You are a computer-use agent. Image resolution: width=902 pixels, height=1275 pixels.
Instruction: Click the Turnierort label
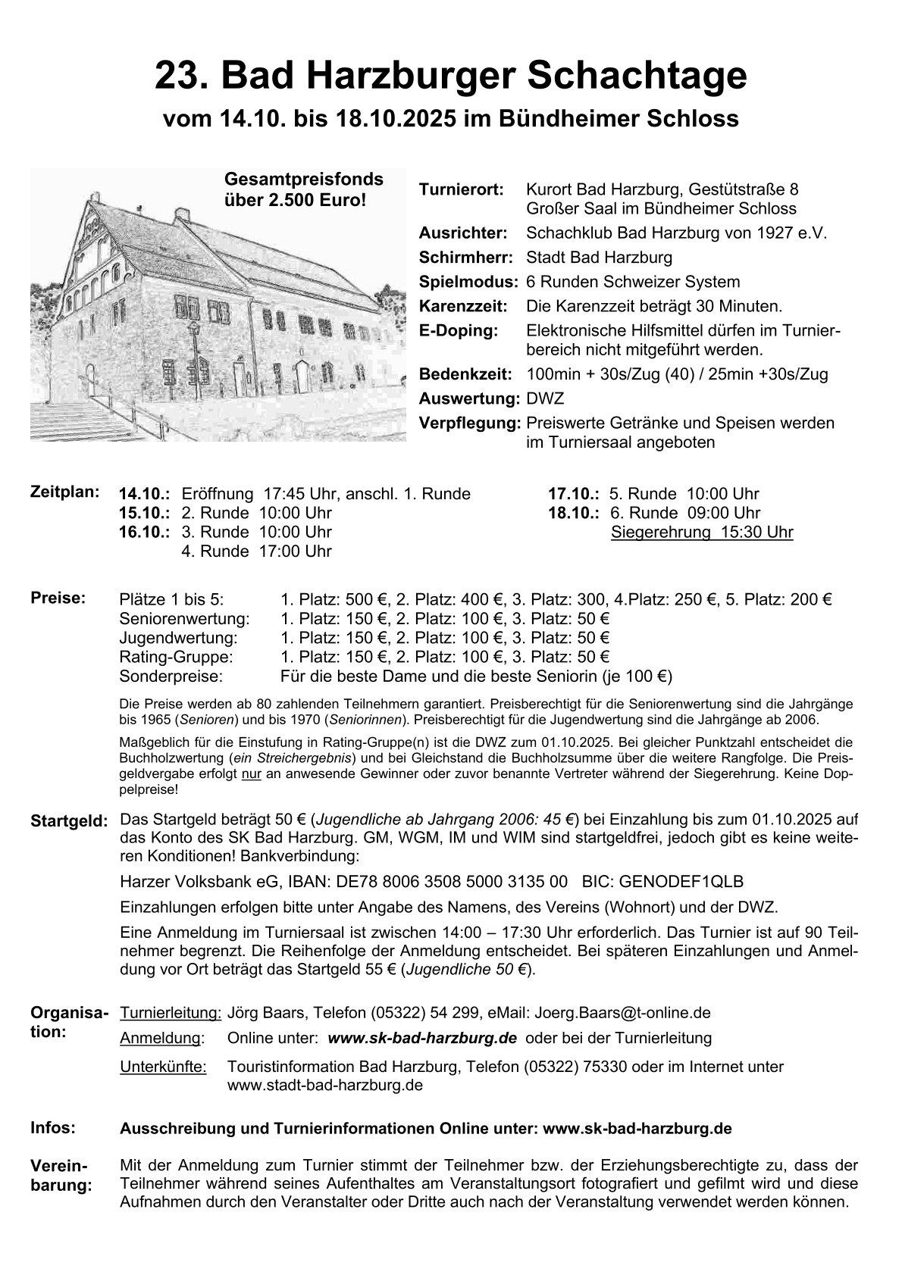461,189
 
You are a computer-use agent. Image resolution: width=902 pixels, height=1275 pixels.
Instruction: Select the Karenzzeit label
462,306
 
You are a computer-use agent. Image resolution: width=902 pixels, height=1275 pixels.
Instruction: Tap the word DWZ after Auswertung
545,398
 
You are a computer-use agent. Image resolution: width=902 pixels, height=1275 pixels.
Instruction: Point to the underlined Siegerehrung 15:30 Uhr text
702,532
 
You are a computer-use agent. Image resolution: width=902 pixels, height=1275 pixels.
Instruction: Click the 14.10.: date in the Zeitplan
144,494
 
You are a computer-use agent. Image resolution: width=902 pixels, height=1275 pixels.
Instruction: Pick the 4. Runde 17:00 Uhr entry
256,552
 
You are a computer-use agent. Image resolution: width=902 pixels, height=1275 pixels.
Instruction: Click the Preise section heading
57,598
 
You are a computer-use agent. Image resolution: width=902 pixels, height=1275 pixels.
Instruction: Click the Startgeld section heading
69,821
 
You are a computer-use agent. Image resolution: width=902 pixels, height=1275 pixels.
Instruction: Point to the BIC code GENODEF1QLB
681,882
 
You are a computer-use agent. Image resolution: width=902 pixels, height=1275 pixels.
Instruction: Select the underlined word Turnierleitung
171,1012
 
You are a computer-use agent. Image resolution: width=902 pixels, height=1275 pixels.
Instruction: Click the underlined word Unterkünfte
163,1067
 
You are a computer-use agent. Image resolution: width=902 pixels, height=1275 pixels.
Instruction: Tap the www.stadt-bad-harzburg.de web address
324,1085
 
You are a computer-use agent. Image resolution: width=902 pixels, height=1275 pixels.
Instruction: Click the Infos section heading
52,1127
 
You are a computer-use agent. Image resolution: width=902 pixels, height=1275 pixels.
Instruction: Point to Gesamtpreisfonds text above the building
303,180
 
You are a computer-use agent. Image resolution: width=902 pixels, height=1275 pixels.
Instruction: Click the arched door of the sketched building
302,377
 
